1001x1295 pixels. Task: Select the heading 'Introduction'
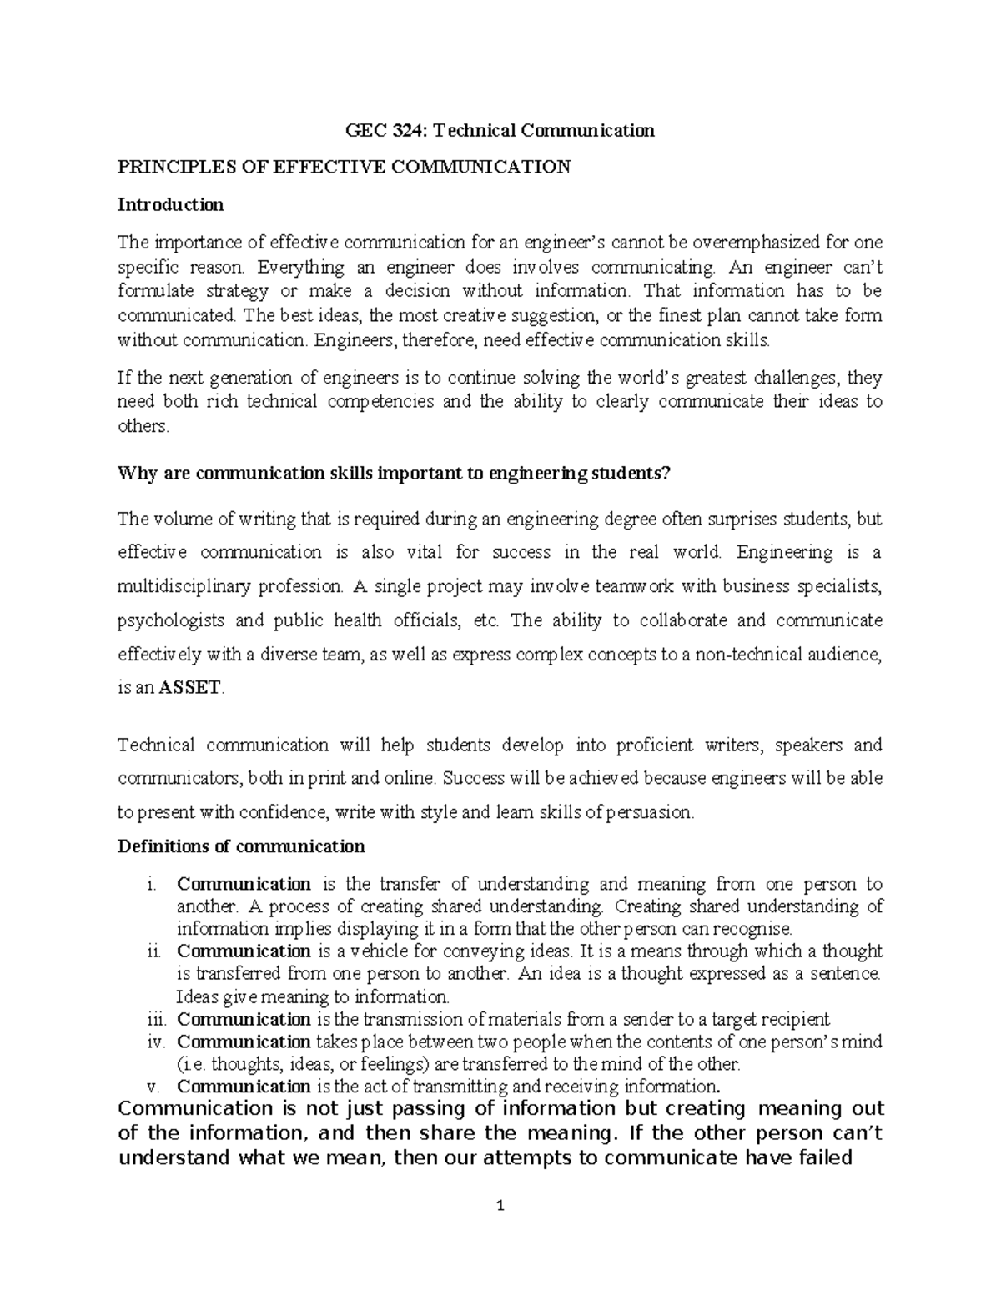click(170, 204)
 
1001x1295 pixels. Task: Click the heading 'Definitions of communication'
click(241, 846)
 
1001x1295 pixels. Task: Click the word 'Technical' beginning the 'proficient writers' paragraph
click(156, 745)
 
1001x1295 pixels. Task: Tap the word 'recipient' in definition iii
click(795, 1019)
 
